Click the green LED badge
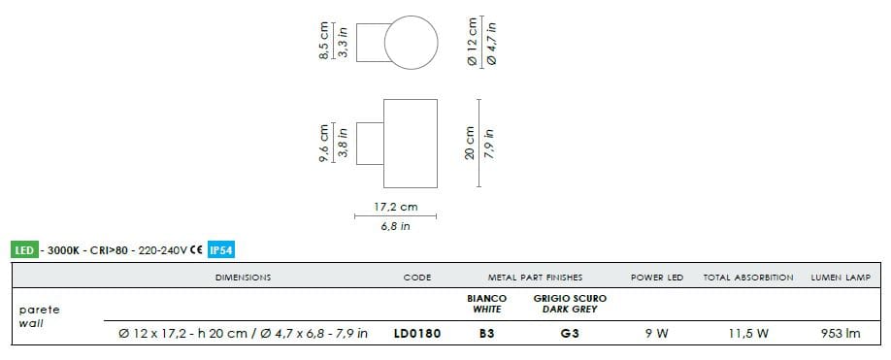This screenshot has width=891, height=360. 24,249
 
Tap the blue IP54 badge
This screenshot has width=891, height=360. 221,249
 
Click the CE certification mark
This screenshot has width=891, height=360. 197,249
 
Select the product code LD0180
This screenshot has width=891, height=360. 417,333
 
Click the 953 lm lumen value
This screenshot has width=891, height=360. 841,333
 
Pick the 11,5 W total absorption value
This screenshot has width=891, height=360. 747,333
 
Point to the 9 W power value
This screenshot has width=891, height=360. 657,333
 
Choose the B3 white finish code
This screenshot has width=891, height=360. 487,333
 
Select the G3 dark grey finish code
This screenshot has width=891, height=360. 570,333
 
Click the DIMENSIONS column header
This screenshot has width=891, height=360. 244,278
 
